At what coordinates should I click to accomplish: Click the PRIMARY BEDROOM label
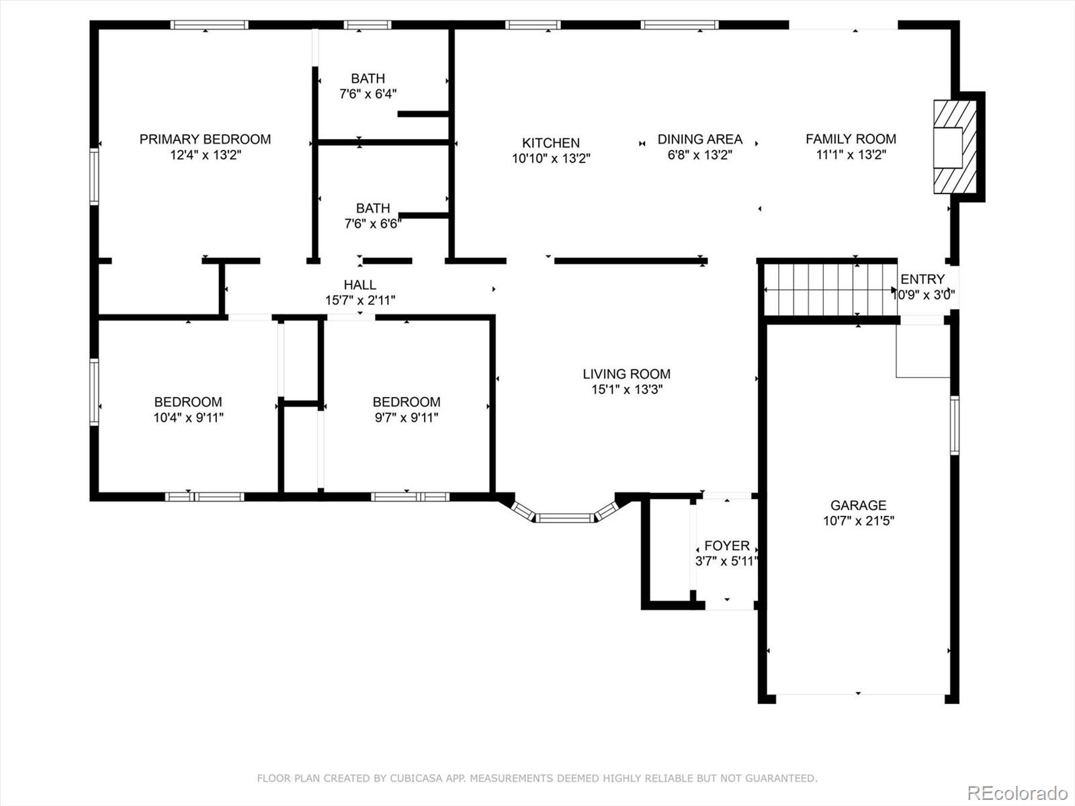[x=205, y=140]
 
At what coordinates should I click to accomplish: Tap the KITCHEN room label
[x=551, y=143]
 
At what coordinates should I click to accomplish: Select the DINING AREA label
[x=700, y=140]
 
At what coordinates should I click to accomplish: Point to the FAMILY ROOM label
[x=851, y=139]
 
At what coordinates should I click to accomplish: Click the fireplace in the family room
[x=955, y=147]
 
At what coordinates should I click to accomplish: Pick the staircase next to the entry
[x=831, y=290]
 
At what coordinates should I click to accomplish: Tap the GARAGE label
[x=859, y=505]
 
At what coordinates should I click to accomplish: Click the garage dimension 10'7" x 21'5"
[x=859, y=521]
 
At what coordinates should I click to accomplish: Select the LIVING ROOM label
[x=627, y=374]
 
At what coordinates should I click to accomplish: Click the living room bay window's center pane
[x=564, y=518]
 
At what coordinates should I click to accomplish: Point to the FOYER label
[x=727, y=545]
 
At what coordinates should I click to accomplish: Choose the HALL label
[x=360, y=285]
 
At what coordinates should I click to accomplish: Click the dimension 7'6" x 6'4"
[x=368, y=94]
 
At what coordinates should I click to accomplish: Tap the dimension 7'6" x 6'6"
[x=373, y=224]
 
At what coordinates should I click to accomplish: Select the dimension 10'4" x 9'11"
[x=189, y=417]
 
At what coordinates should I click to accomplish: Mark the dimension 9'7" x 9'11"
[x=406, y=417]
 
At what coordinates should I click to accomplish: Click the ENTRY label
[x=922, y=279]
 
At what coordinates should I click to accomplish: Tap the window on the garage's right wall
[x=955, y=425]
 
